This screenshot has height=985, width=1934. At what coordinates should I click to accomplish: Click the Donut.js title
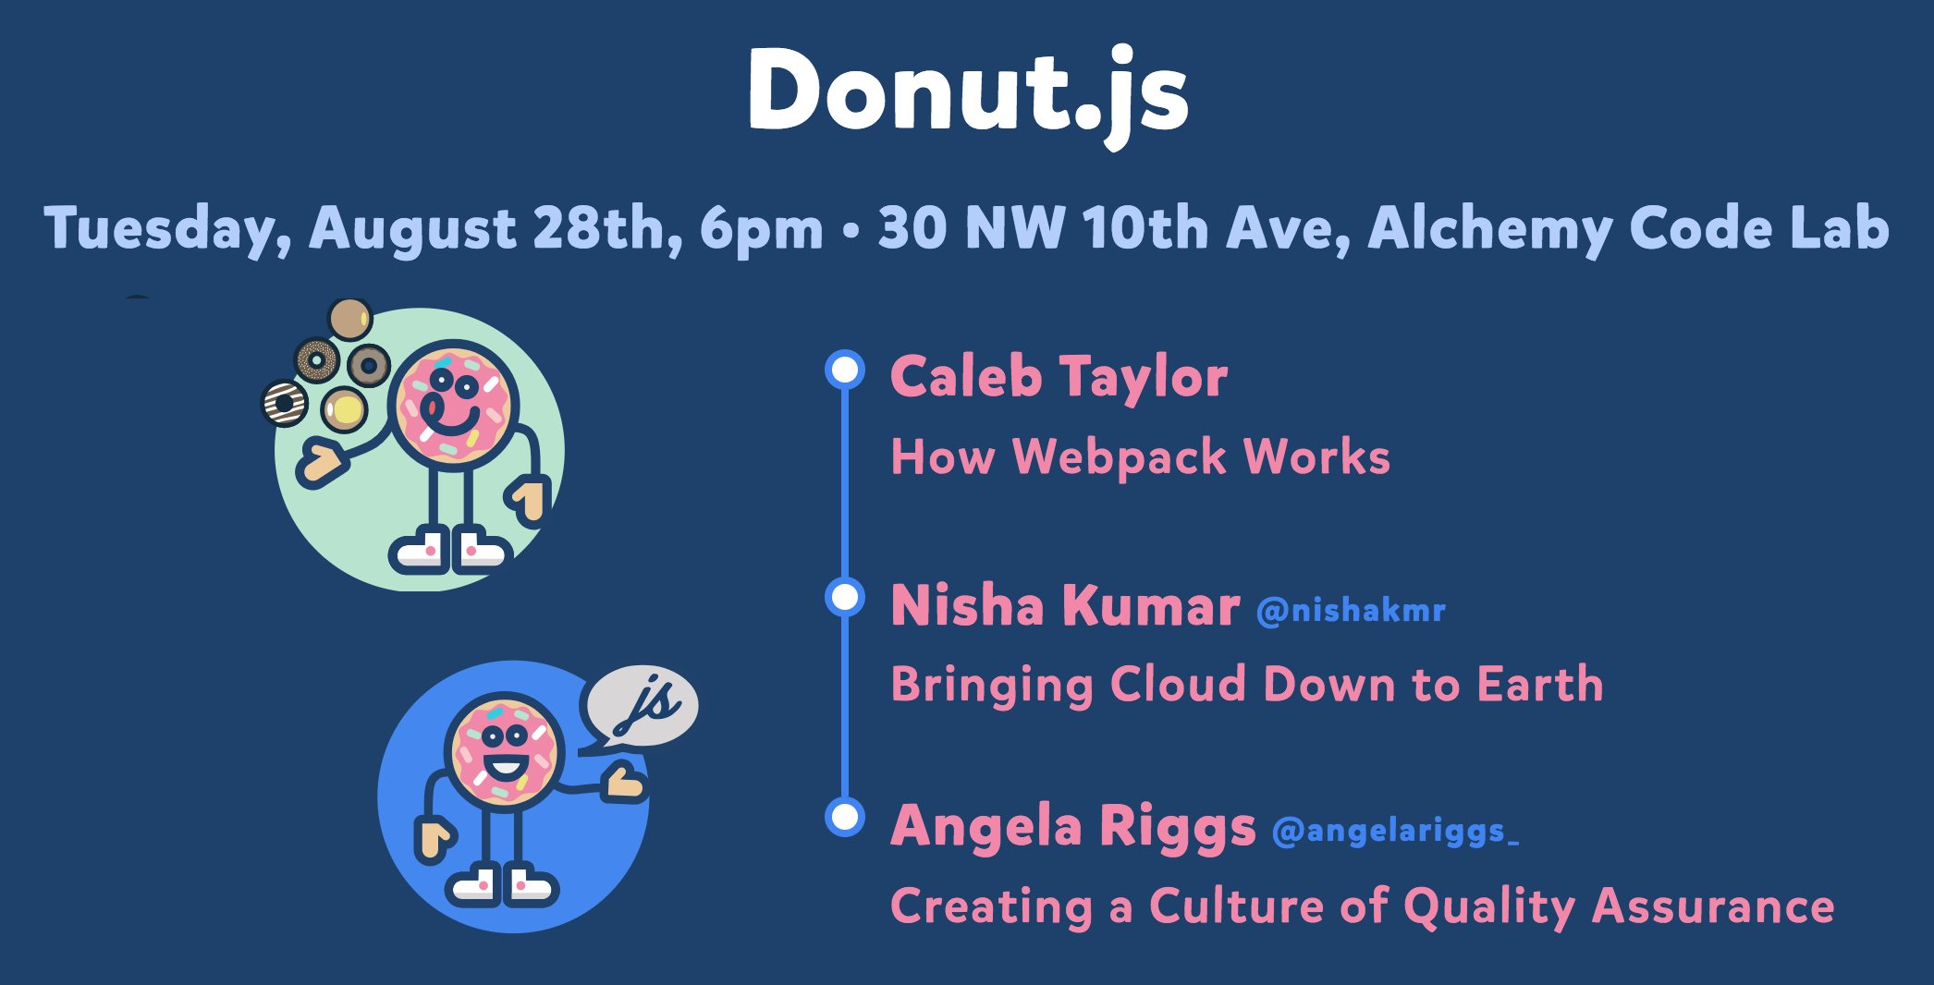click(x=968, y=92)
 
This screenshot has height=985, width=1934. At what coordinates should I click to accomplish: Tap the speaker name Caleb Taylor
click(x=1059, y=377)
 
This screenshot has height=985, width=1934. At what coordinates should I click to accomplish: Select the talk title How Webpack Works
click(x=1140, y=456)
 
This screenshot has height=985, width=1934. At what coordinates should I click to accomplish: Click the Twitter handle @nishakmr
click(x=1351, y=611)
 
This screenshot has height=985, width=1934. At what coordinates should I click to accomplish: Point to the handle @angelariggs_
click(x=1395, y=832)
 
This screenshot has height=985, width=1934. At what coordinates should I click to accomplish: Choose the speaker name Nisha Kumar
click(x=1065, y=606)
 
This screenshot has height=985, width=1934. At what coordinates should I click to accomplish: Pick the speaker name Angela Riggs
click(x=1073, y=826)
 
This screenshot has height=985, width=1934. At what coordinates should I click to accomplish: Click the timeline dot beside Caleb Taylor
click(x=844, y=370)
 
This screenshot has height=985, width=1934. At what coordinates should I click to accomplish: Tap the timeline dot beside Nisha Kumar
click(x=844, y=597)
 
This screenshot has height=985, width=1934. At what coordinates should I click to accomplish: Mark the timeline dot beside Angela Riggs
click(x=844, y=817)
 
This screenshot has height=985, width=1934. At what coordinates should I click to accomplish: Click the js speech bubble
click(x=640, y=706)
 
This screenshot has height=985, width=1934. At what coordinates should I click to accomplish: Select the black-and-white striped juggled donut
click(x=285, y=404)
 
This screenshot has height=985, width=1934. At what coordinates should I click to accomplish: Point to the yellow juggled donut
click(x=344, y=408)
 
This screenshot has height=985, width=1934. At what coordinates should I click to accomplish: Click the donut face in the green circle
click(x=452, y=404)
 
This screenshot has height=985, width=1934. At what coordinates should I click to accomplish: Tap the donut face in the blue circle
click(x=504, y=750)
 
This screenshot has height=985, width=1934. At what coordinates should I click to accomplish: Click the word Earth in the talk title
click(x=1540, y=684)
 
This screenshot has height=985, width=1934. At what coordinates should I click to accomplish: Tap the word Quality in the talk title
click(x=1489, y=907)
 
